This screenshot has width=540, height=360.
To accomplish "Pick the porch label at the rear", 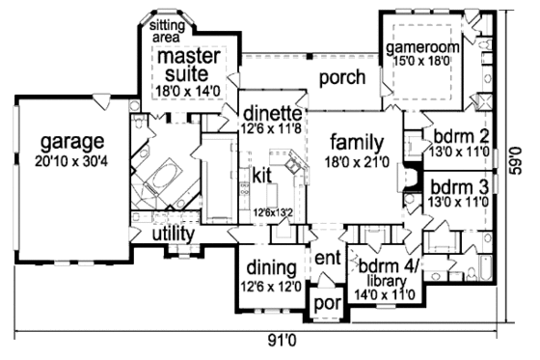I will (340, 77).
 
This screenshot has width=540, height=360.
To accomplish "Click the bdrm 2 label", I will (457, 135).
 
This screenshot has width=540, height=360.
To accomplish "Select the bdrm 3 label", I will (457, 185).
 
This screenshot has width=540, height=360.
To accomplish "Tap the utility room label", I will (173, 235).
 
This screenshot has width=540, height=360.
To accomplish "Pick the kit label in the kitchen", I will (262, 175).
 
